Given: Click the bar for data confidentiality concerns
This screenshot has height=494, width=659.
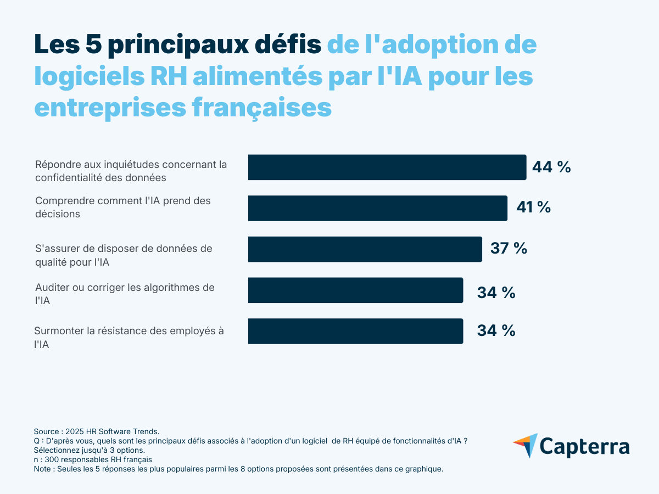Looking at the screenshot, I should point(387,167).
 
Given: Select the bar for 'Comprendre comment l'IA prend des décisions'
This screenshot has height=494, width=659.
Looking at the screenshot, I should point(378,208).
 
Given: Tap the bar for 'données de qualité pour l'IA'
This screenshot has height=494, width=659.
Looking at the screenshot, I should point(365,249).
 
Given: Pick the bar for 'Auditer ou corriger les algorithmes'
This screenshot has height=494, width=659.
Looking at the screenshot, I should point(355,290).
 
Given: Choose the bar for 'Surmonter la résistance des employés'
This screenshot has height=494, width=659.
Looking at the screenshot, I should point(355,331).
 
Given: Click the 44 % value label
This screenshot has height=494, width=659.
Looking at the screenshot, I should point(551,167).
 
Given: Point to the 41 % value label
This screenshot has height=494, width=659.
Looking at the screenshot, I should point(533,207).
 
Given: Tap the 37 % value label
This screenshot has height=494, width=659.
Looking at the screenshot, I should point(509,248).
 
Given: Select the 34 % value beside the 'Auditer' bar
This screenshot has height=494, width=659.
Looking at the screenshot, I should point(496,293).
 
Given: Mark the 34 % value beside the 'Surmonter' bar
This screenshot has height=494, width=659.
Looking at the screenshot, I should point(496,330).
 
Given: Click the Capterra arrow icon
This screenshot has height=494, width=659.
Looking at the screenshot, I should point(525,445).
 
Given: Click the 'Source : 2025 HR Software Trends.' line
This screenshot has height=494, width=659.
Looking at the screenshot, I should point(97,432).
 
